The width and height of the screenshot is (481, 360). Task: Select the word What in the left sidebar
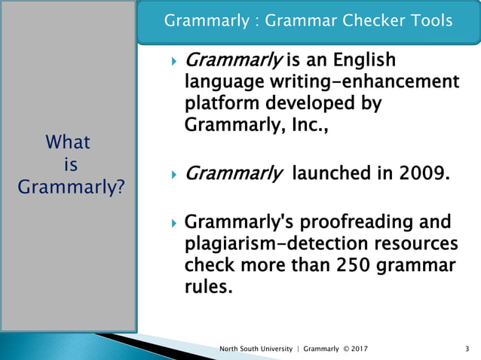(68, 142)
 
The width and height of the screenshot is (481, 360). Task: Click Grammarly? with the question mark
(72, 186)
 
